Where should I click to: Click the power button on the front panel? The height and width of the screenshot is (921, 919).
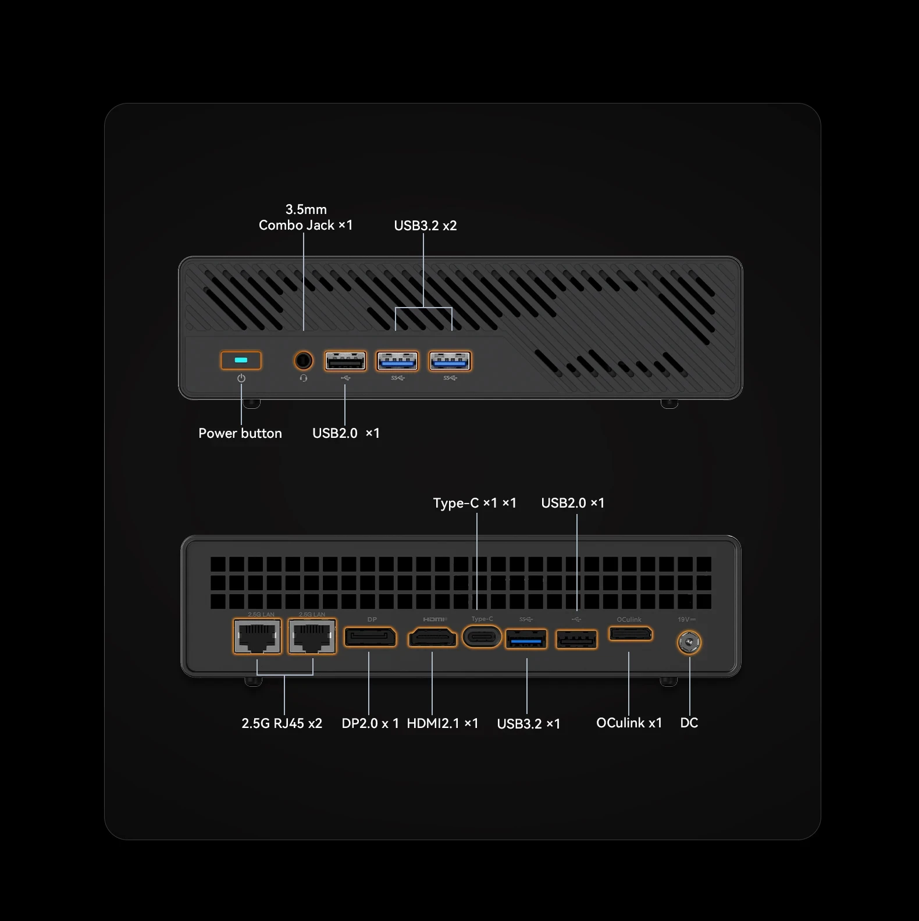point(241,360)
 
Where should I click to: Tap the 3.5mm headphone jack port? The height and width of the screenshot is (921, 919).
point(303,360)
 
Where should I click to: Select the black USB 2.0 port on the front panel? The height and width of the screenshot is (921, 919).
point(345,361)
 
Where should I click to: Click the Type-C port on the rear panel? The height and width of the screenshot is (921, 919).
point(482,637)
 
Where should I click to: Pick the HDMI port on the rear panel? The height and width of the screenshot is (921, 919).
point(432,638)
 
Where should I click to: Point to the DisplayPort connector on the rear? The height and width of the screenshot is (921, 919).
point(371,637)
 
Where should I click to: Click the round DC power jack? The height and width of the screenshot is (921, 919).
point(689,642)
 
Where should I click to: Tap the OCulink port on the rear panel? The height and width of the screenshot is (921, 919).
point(631,633)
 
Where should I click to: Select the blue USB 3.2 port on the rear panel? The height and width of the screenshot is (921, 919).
point(526,640)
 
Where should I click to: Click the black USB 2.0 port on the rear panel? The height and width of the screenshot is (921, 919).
point(576,640)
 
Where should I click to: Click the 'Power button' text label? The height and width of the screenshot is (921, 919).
point(240,433)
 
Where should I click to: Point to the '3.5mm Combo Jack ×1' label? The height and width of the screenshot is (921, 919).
point(305,217)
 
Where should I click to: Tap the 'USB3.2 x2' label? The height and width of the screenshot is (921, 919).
point(425,226)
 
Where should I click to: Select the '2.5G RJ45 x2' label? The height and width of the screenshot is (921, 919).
point(282,723)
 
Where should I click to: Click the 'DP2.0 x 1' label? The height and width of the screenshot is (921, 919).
point(370,723)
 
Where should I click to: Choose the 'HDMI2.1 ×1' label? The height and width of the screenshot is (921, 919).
point(442,723)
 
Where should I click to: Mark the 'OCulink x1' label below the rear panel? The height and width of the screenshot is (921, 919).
point(629,723)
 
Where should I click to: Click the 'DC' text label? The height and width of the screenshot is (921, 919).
point(689,723)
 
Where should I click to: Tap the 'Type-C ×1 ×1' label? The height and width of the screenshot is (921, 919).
point(474,503)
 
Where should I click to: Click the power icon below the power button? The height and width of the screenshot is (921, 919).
point(241,379)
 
